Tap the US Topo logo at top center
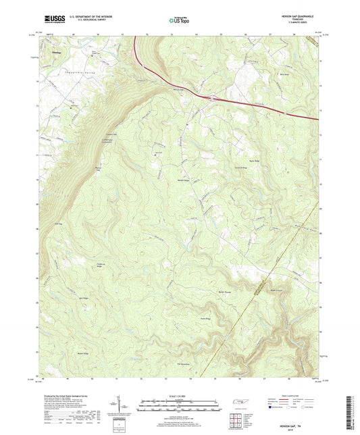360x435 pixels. coord(179,21)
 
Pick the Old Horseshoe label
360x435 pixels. coord(184,364)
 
